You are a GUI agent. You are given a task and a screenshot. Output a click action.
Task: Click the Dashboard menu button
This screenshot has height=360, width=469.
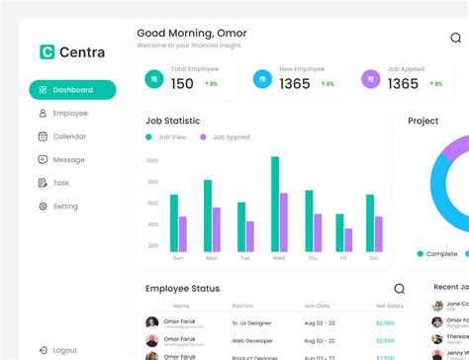tap(72, 90)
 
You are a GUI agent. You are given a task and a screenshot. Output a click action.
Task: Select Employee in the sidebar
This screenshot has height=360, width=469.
tap(69, 114)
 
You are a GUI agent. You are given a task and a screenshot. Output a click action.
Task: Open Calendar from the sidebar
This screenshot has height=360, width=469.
tap(69, 136)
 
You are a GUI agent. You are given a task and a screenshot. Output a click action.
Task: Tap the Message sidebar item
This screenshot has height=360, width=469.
tap(68, 159)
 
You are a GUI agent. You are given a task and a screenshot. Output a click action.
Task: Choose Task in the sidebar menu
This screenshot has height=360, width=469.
tap(60, 183)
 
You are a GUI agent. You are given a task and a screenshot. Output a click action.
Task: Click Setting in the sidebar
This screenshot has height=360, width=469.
tap(64, 207)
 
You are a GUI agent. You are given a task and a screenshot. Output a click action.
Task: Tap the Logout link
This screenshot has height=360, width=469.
tap(64, 350)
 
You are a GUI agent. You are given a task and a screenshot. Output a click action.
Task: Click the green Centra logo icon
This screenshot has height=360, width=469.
tap(46, 51)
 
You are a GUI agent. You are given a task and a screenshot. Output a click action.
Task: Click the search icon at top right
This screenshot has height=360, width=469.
tap(456, 38)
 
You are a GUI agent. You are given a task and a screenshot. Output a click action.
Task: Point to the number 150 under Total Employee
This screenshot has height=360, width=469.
tap(182, 84)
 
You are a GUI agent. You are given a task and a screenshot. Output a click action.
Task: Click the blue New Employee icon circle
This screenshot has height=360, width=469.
tap(261, 78)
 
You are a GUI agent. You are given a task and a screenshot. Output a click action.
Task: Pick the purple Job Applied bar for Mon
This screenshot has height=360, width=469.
tap(217, 229)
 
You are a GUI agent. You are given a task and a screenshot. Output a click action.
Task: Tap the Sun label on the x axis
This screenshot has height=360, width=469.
tap(178, 258)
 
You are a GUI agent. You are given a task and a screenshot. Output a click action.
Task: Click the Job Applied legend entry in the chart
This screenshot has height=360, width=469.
tap(227, 136)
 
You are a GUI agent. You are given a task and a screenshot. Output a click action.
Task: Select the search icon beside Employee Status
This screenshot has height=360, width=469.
tap(399, 289)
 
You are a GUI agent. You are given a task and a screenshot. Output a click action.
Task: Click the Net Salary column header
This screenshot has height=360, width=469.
tap(389, 307)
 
